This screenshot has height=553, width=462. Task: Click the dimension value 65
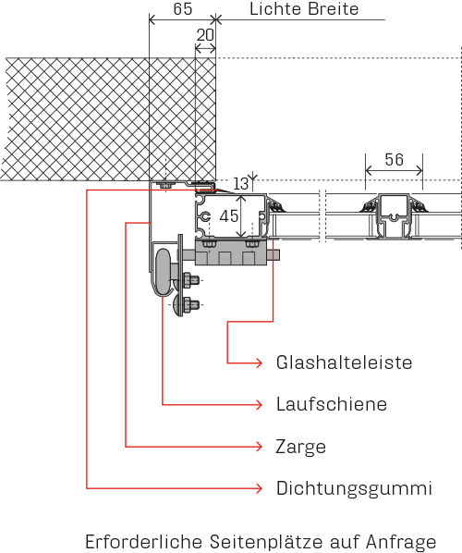click(x=183, y=9)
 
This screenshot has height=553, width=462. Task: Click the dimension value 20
click(x=205, y=35)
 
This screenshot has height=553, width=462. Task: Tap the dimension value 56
click(x=394, y=160)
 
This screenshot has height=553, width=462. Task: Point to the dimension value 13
click(x=241, y=184)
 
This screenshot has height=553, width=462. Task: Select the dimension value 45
click(x=229, y=215)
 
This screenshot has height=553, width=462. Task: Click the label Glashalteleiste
click(x=344, y=363)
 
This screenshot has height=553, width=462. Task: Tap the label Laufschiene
click(x=332, y=404)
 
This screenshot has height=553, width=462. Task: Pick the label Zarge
click(x=300, y=448)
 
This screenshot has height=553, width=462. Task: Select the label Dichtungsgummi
click(x=354, y=489)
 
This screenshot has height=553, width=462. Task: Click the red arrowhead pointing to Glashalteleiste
click(x=260, y=363)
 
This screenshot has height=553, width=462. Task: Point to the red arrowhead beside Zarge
click(x=260, y=447)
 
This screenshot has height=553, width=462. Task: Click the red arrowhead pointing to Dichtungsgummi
click(x=260, y=488)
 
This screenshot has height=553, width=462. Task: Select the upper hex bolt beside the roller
click(x=189, y=280)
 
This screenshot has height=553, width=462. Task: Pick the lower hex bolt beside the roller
click(x=189, y=303)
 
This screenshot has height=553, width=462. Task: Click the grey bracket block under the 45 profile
click(x=231, y=252)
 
